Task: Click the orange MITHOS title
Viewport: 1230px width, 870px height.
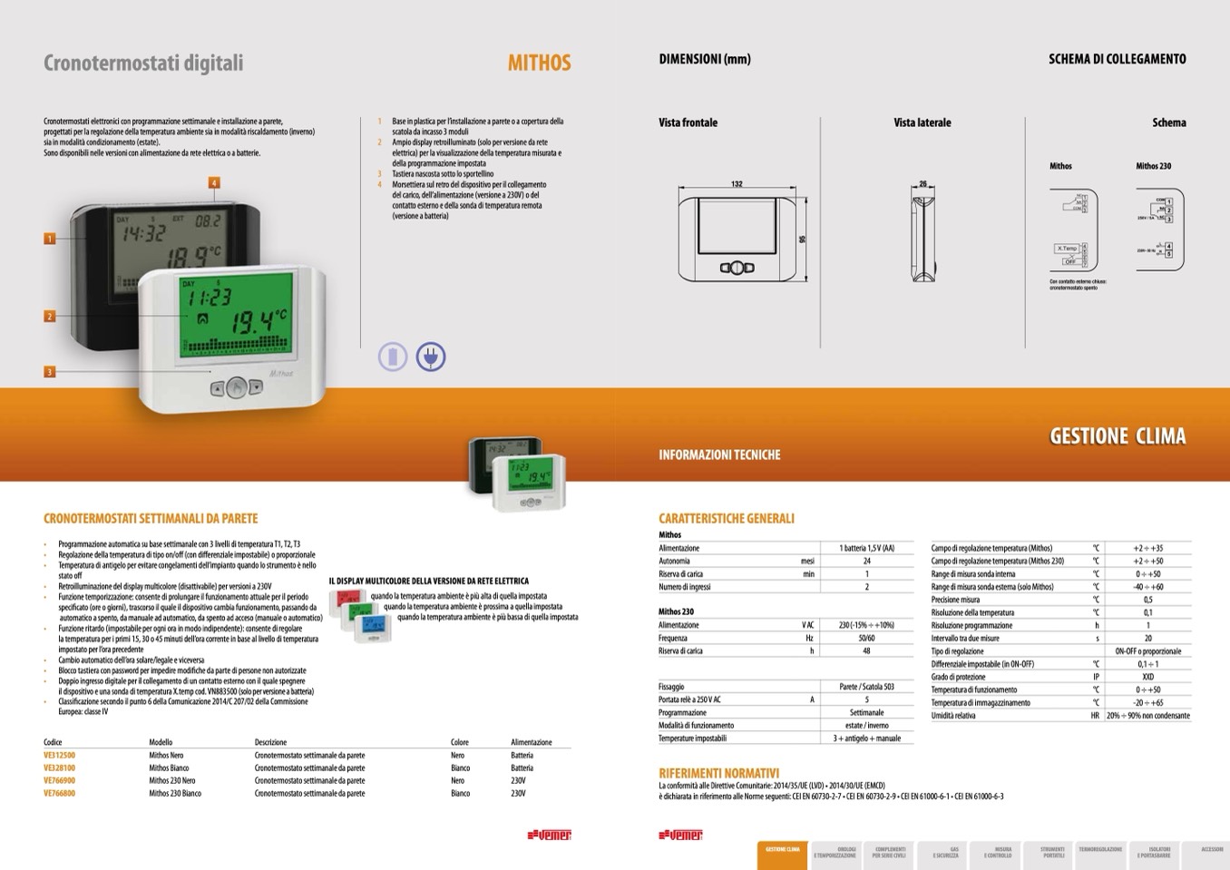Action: (x=539, y=63)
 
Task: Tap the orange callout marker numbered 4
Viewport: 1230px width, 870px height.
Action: (x=214, y=182)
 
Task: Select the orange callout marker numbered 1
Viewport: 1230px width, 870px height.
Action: (x=50, y=239)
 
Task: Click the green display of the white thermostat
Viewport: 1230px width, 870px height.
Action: (x=236, y=315)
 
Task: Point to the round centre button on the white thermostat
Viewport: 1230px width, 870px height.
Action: (x=235, y=387)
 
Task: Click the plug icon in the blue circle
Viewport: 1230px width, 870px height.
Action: (x=431, y=357)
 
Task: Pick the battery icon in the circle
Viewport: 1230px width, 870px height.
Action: (x=393, y=357)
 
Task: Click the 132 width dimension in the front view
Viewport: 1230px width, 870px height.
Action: (x=737, y=184)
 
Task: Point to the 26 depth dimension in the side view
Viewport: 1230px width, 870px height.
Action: (x=922, y=184)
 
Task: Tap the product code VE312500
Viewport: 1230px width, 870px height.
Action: (x=60, y=755)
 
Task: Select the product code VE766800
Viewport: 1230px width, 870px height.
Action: (x=60, y=793)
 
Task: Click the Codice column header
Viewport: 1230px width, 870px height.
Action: (x=53, y=742)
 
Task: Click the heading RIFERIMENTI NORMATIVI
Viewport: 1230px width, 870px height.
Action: (x=718, y=773)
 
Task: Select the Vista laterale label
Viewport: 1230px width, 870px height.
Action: (x=922, y=122)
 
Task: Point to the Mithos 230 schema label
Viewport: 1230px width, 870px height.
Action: (x=1153, y=166)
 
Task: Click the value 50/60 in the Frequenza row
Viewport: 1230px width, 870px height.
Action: (x=866, y=638)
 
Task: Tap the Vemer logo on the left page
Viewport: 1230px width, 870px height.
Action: (x=549, y=835)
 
